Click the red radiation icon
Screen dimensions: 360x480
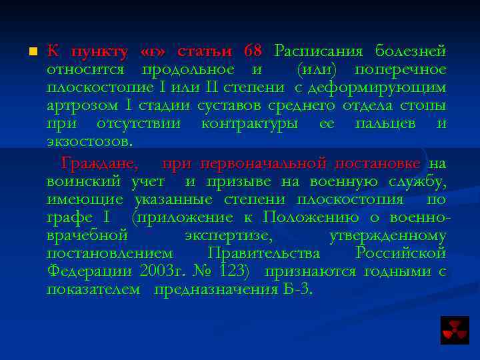tap(455, 329)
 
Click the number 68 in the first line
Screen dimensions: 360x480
tap(253, 51)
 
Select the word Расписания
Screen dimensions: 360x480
tap(319, 51)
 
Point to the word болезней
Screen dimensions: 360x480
tap(411, 51)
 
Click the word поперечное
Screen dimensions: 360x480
tap(400, 69)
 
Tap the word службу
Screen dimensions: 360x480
tap(420, 181)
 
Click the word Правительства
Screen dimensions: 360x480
tap(264, 253)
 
